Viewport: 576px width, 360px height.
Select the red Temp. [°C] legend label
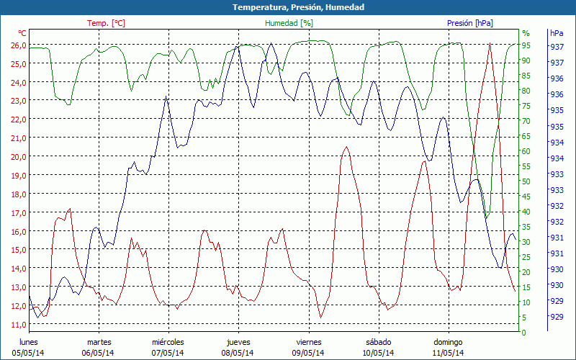click(x=106, y=23)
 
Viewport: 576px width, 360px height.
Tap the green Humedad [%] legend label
click(x=289, y=23)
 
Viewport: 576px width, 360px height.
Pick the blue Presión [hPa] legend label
click(x=470, y=23)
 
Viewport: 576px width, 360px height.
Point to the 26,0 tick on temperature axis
click(x=18, y=45)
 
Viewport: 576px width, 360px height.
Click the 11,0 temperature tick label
click(x=18, y=324)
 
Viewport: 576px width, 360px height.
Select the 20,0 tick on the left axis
click(x=18, y=156)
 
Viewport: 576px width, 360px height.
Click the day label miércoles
click(x=168, y=342)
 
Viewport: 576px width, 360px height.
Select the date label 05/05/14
click(x=28, y=353)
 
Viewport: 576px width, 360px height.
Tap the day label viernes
click(x=308, y=342)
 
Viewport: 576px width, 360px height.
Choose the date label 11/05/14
click(x=448, y=353)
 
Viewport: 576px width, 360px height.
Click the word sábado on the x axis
click(x=378, y=342)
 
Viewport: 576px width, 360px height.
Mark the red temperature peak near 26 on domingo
click(x=490, y=44)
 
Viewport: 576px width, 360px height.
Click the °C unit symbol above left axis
click(x=22, y=33)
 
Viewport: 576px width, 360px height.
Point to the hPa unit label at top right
click(x=557, y=33)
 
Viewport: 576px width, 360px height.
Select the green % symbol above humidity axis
click(x=526, y=33)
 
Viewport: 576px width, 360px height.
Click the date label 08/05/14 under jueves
click(x=238, y=353)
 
